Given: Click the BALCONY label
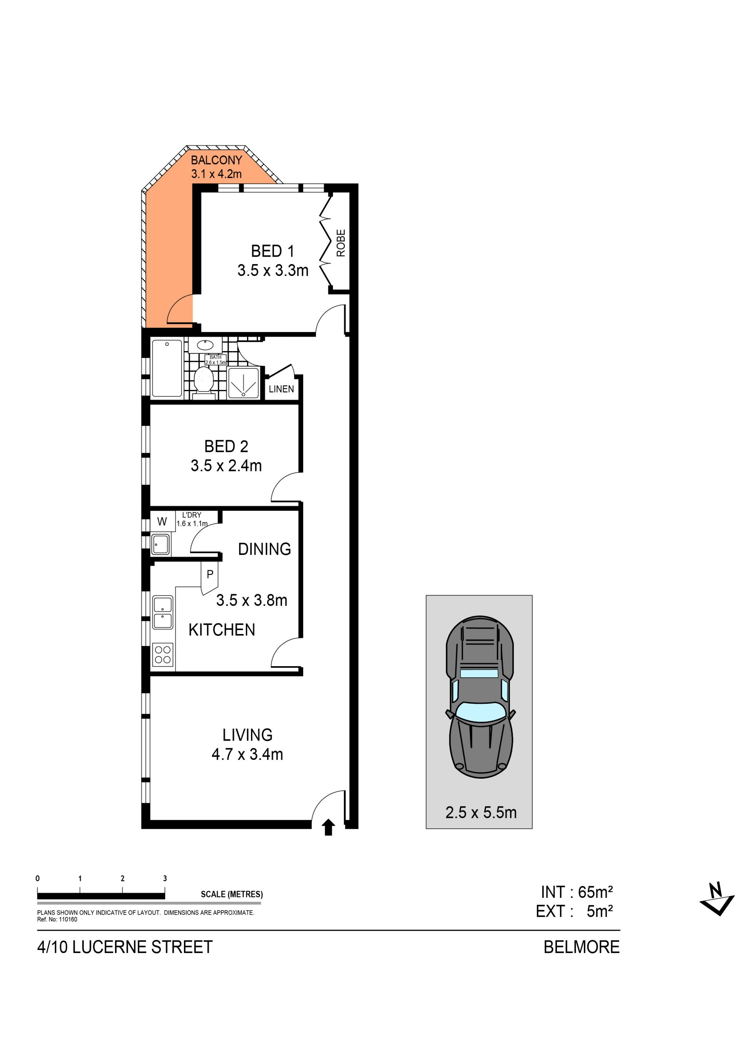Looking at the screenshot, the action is tap(216, 160).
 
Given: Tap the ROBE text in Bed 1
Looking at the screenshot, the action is tap(341, 243).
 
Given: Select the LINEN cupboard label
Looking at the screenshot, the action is tap(282, 389).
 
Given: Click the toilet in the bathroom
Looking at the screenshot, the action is tap(204, 381).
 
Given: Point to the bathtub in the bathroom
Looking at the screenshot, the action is tap(167, 368).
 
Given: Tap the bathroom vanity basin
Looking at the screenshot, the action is tap(205, 345).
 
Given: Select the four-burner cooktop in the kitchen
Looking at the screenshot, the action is tap(163, 655).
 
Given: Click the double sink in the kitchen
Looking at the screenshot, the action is tap(163, 613).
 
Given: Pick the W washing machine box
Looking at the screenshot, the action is tap(162, 522).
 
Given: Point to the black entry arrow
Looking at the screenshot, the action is tap(328, 827).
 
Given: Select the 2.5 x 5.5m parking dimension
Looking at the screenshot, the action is tap(481, 812).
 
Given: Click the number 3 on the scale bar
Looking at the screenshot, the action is tap(165, 878).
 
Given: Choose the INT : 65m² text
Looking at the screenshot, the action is tap(577, 892).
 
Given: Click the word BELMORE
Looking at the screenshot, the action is tap(582, 947).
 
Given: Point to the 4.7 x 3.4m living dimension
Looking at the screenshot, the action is tap(247, 754).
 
